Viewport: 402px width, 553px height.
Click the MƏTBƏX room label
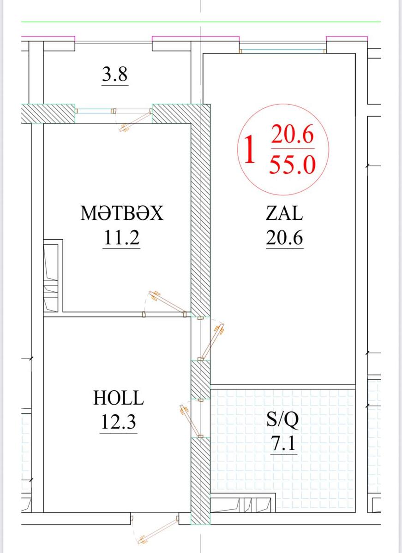tap(122, 213)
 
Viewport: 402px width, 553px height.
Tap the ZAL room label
tap(284, 213)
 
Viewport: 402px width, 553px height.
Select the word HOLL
tap(119, 398)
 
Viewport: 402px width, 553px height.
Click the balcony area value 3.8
tap(115, 74)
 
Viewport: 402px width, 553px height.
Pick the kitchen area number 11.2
tap(122, 237)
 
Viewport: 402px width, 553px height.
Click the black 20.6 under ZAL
tap(285, 237)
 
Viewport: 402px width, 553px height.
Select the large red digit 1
tap(250, 150)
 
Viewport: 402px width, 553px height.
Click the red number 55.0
tap(293, 165)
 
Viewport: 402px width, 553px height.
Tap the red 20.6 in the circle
tap(293, 134)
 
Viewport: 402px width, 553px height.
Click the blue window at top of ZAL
tap(283, 51)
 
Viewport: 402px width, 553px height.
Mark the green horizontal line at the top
tap(201, 22)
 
